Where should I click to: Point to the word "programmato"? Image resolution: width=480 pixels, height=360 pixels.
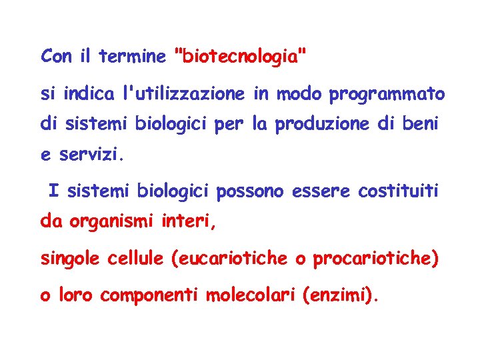[387, 95]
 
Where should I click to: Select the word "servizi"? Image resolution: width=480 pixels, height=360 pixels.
[91, 155]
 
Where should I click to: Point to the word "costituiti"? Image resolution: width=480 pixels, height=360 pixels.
[399, 192]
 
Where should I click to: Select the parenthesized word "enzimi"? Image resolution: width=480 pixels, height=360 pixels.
[339, 295]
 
